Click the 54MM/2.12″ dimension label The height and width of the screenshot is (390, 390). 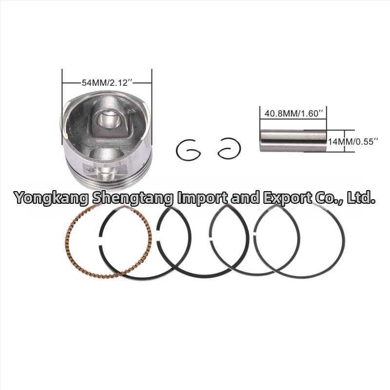tap(107, 82)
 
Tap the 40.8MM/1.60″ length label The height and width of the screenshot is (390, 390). tap(293, 114)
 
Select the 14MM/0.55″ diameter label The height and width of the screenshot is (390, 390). tap(353, 141)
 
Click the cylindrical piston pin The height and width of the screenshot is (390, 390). tap(293, 141)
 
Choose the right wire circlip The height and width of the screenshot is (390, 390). tap(239, 149)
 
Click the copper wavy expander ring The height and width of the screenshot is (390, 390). tap(67, 239)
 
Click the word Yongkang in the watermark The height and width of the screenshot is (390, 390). tap(51, 198)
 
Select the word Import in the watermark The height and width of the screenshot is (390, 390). tap(202, 198)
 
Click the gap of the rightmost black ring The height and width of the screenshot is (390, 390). tap(255, 233)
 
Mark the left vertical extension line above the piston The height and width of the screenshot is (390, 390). tap(62, 106)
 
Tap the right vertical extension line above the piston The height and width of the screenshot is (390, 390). tap(152, 106)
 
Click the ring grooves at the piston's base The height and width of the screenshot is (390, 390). tap(109, 179)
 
